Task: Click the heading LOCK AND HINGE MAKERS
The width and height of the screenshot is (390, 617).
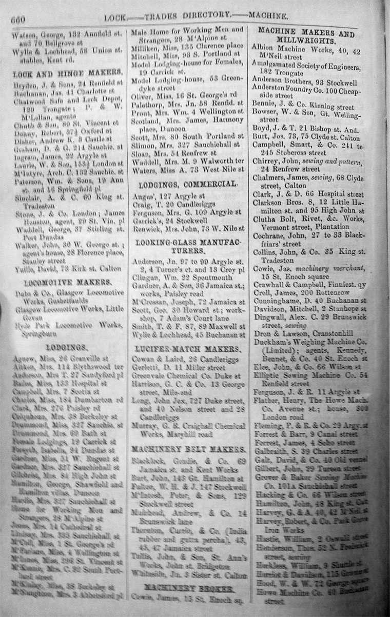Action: point(67,72)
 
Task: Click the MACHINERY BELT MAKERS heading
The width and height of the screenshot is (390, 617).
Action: point(187,449)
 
